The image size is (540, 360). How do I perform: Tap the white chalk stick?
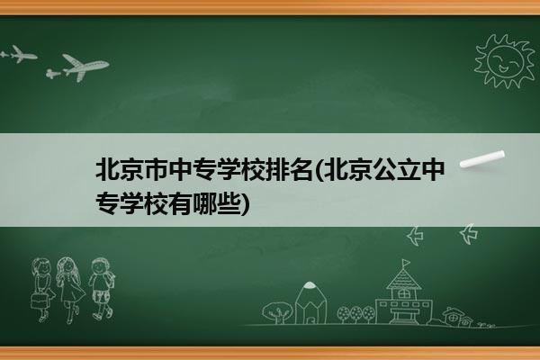click(x=482, y=159)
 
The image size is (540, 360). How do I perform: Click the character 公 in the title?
click(x=385, y=169)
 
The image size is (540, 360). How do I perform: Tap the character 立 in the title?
click(x=409, y=169)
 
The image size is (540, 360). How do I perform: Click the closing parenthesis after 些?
click(x=245, y=204)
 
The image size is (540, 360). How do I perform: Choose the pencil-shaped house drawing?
click(x=310, y=303)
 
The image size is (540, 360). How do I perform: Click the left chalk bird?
click(x=416, y=236)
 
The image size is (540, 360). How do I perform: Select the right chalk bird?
click(x=469, y=233)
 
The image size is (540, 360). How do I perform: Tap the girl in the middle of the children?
click(x=70, y=289)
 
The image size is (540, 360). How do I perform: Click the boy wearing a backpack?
click(x=101, y=288)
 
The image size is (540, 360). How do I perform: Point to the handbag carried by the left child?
click(x=39, y=301)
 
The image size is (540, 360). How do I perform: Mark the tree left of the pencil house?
click(x=277, y=312)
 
